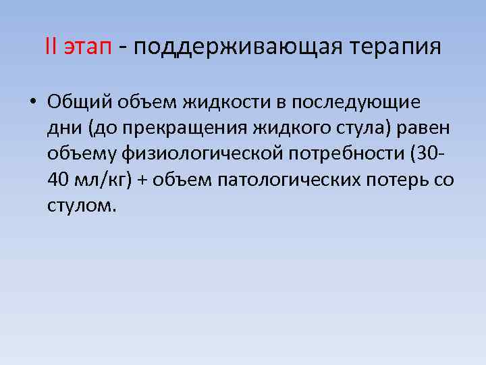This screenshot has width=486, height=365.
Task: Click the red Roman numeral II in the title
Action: pyautogui.click(x=51, y=47)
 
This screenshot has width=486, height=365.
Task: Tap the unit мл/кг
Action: pyautogui.click(x=101, y=180)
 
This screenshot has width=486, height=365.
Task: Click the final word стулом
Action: pyautogui.click(x=82, y=205)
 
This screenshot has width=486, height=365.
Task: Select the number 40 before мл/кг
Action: pyautogui.click(x=58, y=180)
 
